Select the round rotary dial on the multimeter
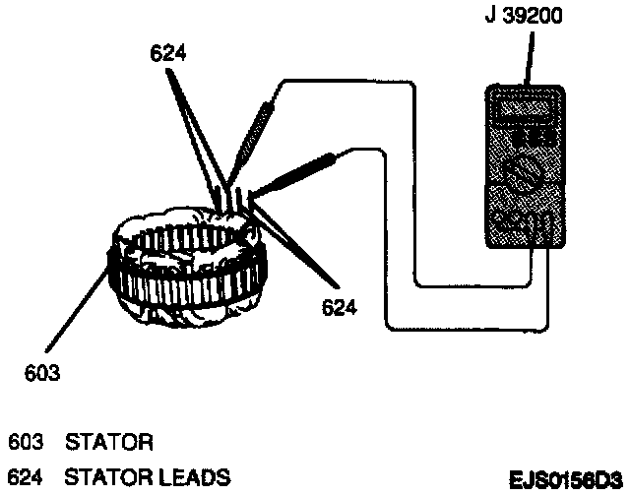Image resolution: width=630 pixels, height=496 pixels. pyautogui.click(x=526, y=177)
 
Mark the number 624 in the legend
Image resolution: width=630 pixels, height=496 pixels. pyautogui.click(x=24, y=478)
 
